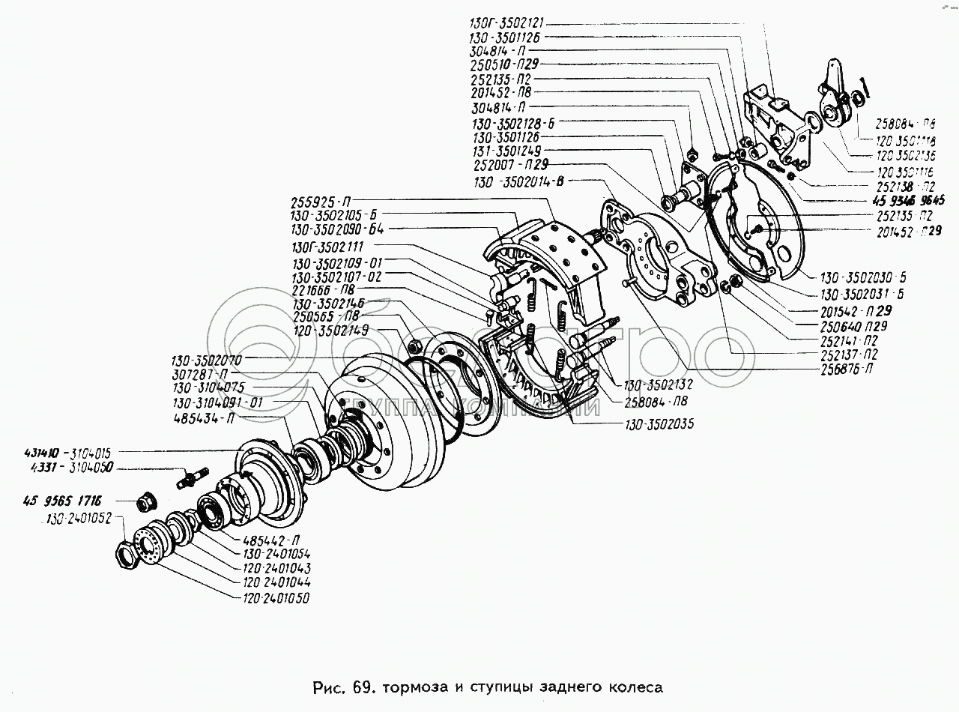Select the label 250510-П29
(506, 64)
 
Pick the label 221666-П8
(324, 290)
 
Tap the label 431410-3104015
(67, 453)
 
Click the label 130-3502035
(659, 424)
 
